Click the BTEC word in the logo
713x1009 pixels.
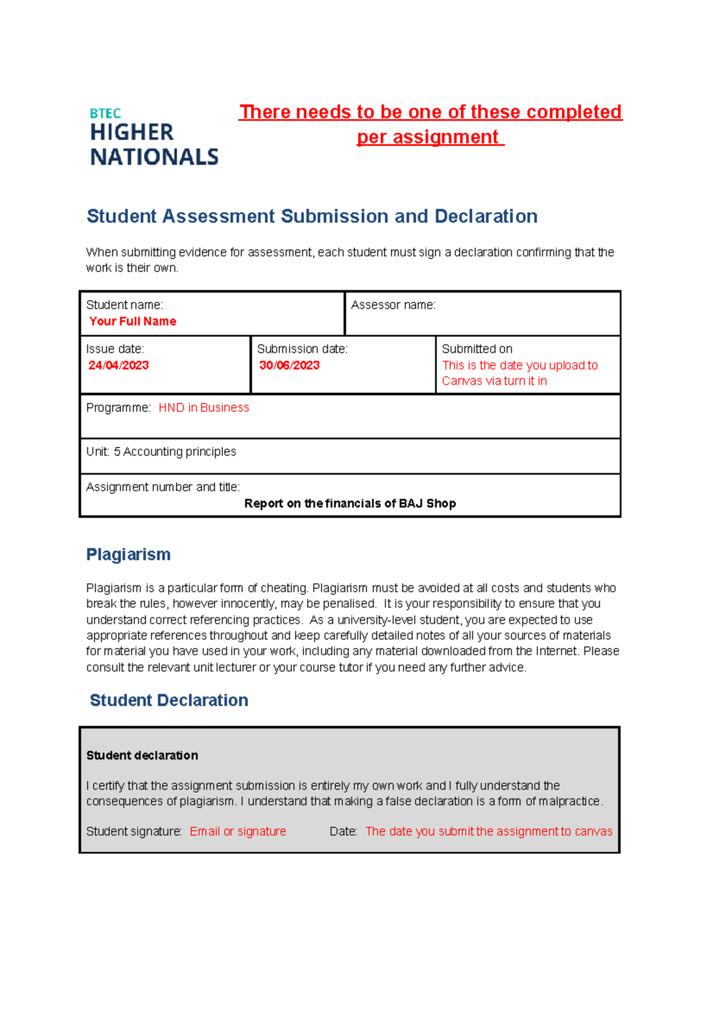click(105, 113)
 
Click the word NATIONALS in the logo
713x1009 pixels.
click(154, 157)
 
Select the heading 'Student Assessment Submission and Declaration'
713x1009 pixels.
click(312, 216)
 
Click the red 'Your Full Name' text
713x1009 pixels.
click(132, 321)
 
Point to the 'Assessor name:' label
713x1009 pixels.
click(393, 305)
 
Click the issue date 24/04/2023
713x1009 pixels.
click(118, 365)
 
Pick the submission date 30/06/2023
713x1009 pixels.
click(289, 365)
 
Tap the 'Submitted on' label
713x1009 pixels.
click(477, 349)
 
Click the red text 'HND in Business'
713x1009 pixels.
click(204, 408)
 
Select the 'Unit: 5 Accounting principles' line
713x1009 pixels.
click(161, 452)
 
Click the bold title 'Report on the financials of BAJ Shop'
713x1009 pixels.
click(350, 503)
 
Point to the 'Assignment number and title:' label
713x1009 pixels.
click(163, 487)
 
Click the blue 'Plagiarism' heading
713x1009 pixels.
click(128, 554)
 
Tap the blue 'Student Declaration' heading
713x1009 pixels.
click(169, 700)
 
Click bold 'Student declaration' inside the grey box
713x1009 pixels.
click(142, 755)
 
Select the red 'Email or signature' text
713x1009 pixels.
click(238, 831)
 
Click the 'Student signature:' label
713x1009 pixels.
click(134, 831)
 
